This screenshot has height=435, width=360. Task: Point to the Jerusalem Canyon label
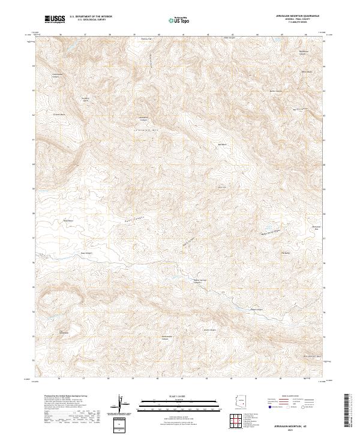pos(143,118)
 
